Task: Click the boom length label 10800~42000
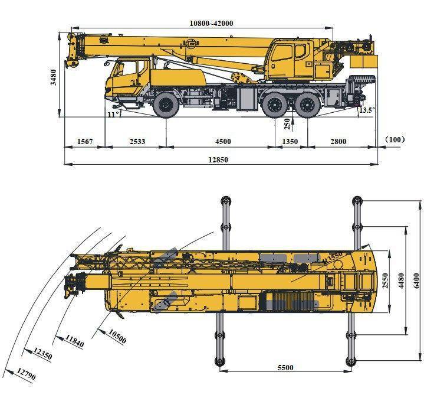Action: [211, 23]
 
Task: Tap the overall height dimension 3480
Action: [54, 77]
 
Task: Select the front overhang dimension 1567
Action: [85, 141]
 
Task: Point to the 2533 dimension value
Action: [137, 141]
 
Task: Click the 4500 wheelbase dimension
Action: [223, 141]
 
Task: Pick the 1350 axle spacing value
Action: [290, 141]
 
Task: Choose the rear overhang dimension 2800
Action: [338, 141]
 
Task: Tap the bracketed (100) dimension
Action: [395, 139]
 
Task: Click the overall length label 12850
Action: [218, 160]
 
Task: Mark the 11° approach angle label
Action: [113, 114]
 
